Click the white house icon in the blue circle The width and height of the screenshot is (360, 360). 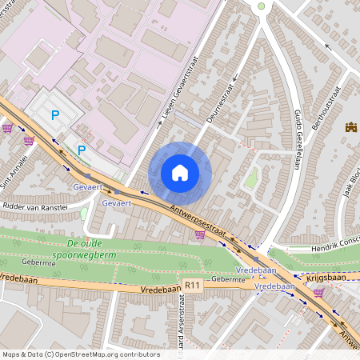(x=180, y=173)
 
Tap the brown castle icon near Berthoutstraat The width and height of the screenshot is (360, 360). (x=350, y=126)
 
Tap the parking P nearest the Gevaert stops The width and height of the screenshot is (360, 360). (x=81, y=149)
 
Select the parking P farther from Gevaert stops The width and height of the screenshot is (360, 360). (x=55, y=115)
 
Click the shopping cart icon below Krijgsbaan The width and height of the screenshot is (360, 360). (x=318, y=293)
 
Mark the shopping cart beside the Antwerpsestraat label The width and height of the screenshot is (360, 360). (x=199, y=235)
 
